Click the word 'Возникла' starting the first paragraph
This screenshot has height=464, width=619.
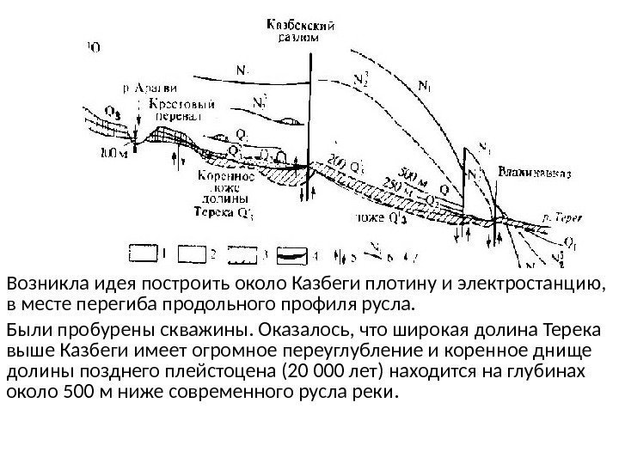tap(38, 284)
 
